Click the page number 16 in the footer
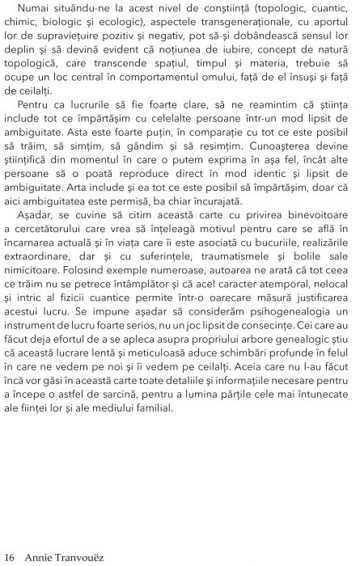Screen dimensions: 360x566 (10, 556)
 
